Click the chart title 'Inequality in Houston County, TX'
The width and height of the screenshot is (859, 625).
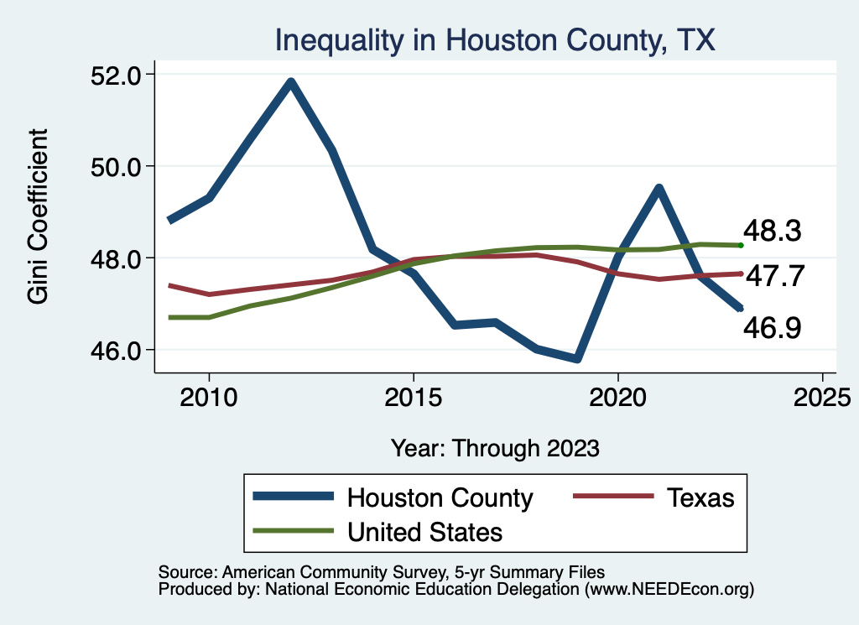[495, 39]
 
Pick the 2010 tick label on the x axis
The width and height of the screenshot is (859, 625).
[209, 396]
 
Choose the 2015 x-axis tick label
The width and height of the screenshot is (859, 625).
[413, 396]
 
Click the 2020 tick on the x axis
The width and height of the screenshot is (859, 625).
[617, 396]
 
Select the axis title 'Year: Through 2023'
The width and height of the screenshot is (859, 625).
[495, 448]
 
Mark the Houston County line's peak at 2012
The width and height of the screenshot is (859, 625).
[290, 81]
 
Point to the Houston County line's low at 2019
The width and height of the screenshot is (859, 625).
[576, 359]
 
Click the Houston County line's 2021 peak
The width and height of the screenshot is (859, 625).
[659, 188]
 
